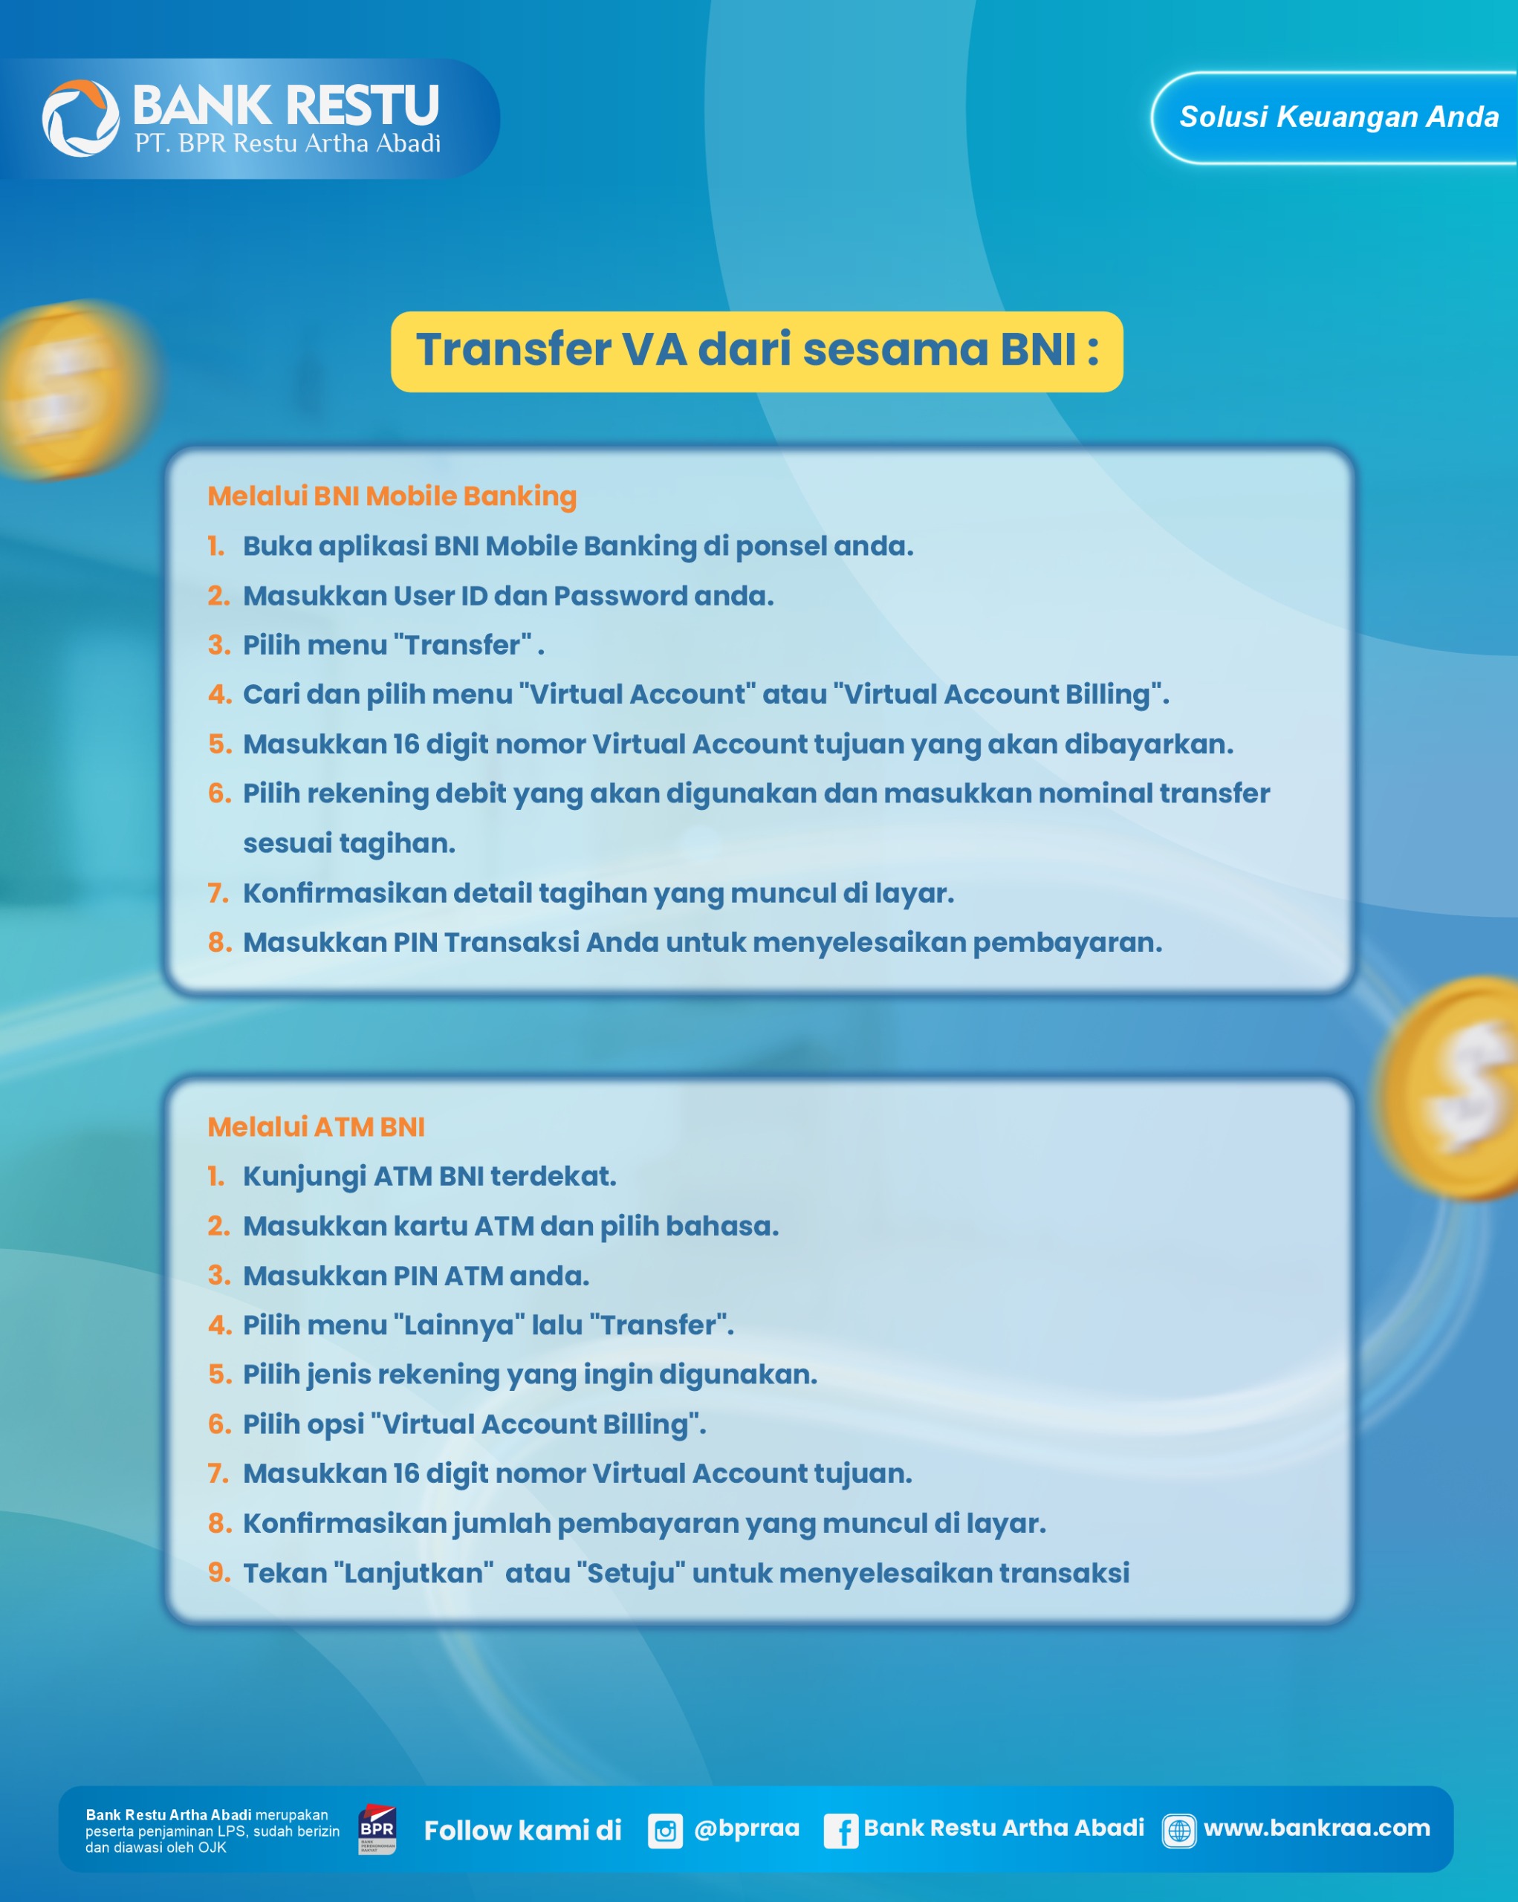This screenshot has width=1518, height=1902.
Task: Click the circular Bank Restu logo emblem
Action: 80,118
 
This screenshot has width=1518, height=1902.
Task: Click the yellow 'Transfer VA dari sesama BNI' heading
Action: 757,351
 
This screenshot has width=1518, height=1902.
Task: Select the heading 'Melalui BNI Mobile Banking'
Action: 392,496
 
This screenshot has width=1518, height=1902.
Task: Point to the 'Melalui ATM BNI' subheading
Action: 316,1126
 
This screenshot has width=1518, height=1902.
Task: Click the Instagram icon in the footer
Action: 665,1831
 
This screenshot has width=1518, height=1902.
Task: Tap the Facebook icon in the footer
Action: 840,1831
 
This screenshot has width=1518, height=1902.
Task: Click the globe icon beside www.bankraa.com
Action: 1179,1831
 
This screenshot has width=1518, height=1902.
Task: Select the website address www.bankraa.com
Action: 1317,1828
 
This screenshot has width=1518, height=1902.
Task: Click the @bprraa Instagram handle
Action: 746,1828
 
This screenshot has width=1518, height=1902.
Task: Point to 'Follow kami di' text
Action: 522,1831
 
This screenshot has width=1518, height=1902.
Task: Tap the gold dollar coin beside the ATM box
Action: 1451,1087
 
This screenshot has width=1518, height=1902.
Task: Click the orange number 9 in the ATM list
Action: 218,1572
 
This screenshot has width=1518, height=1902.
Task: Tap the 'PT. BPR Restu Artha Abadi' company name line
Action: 288,143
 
